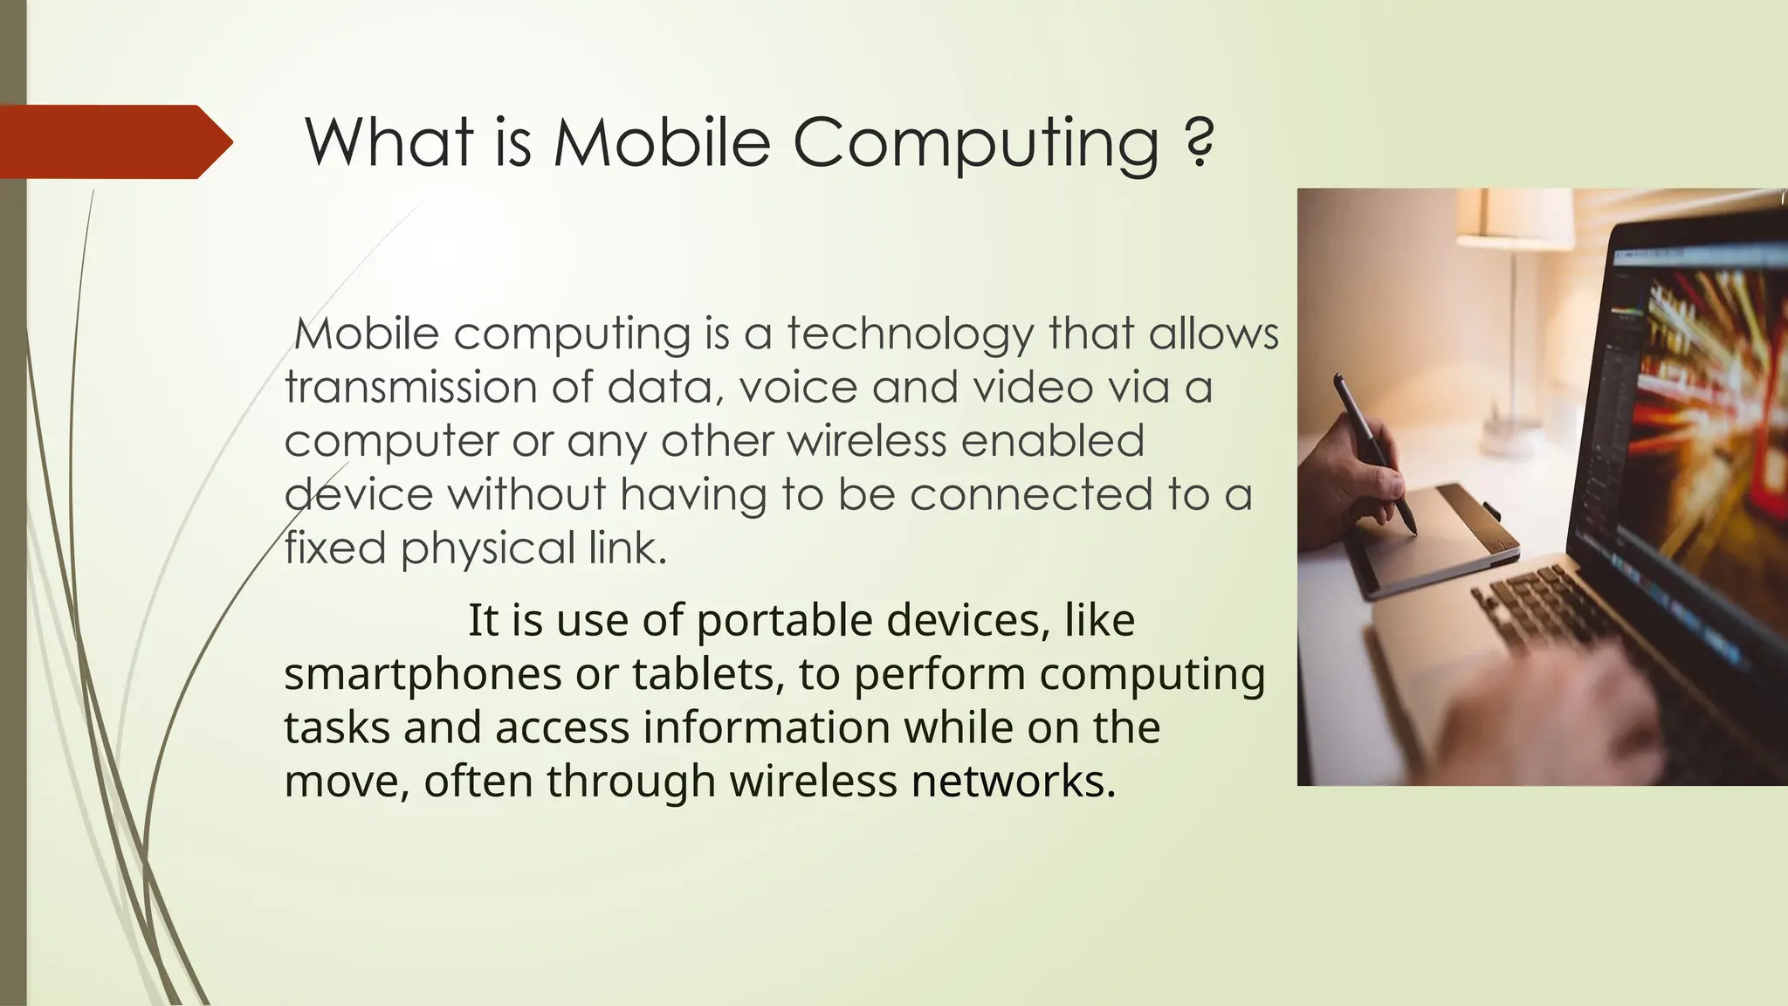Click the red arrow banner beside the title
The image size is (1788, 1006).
tap(113, 141)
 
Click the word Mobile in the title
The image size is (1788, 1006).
tap(663, 141)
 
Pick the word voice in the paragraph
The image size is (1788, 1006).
tap(799, 387)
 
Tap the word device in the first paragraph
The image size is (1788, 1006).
tap(359, 494)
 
